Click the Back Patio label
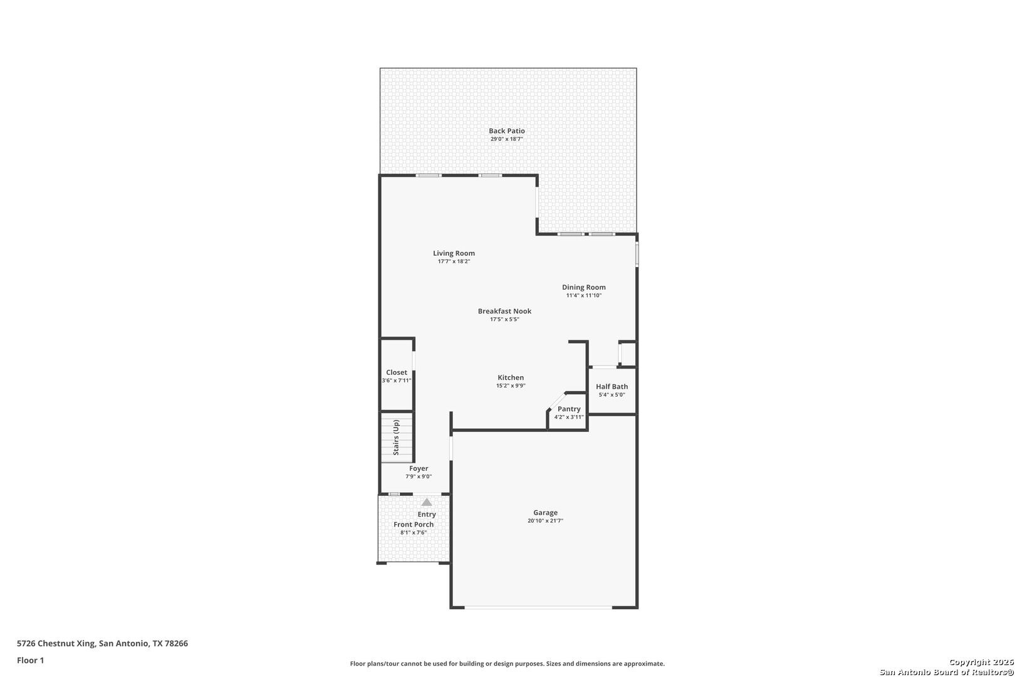coord(506,131)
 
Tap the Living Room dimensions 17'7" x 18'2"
coord(454,261)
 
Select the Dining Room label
coord(583,287)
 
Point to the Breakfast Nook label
coord(504,311)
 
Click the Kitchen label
coord(511,377)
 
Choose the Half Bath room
coord(612,390)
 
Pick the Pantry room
coord(569,412)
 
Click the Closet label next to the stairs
coord(396,372)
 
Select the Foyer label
coord(419,468)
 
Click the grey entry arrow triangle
coord(427,502)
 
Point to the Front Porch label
coord(414,525)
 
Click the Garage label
coord(545,513)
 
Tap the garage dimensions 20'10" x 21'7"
coord(545,521)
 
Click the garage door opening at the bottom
coord(538,607)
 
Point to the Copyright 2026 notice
coord(981,662)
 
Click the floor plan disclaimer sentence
coord(507,663)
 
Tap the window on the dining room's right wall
coord(637,255)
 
